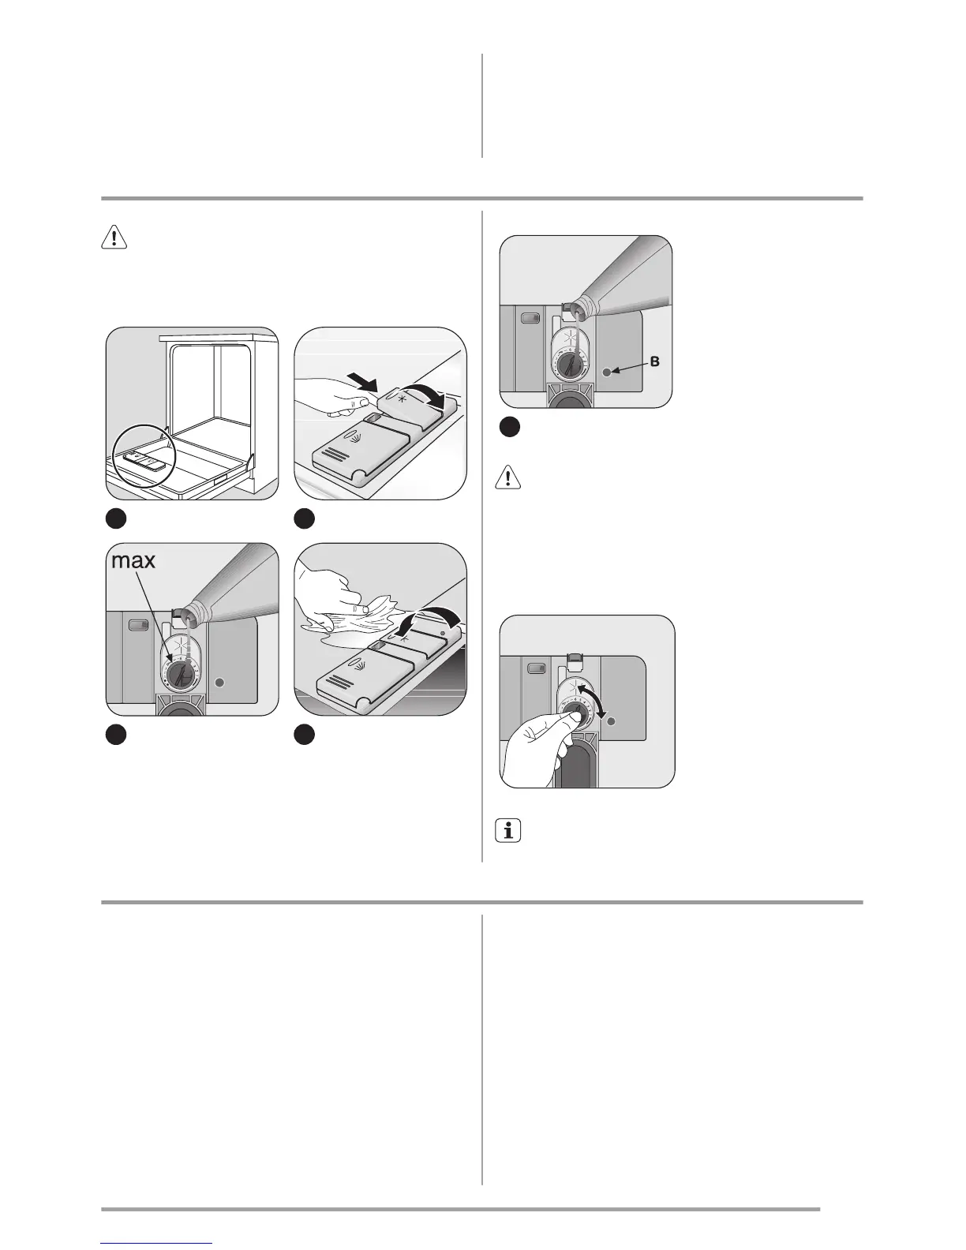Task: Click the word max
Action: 133,561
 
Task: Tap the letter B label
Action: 654,362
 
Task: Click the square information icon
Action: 509,831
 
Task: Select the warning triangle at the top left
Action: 114,238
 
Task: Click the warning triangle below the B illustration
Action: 509,477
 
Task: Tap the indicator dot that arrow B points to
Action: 606,371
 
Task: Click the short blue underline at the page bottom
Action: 157,1244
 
